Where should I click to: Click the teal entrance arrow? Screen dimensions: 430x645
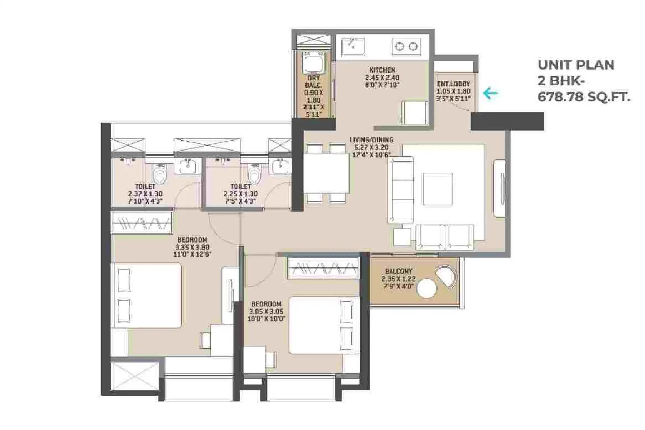(x=490, y=93)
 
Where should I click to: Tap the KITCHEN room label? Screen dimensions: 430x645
(x=382, y=70)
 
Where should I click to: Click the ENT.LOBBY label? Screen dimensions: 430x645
(x=453, y=84)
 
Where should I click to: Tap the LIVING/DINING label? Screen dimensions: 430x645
(x=371, y=140)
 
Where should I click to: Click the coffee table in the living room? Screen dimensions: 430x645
(x=437, y=189)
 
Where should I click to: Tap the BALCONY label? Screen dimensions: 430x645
(x=398, y=271)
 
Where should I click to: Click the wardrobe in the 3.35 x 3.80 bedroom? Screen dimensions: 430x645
(x=142, y=222)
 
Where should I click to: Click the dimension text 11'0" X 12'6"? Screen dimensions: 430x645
(x=192, y=254)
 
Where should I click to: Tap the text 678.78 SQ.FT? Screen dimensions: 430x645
(x=584, y=97)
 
